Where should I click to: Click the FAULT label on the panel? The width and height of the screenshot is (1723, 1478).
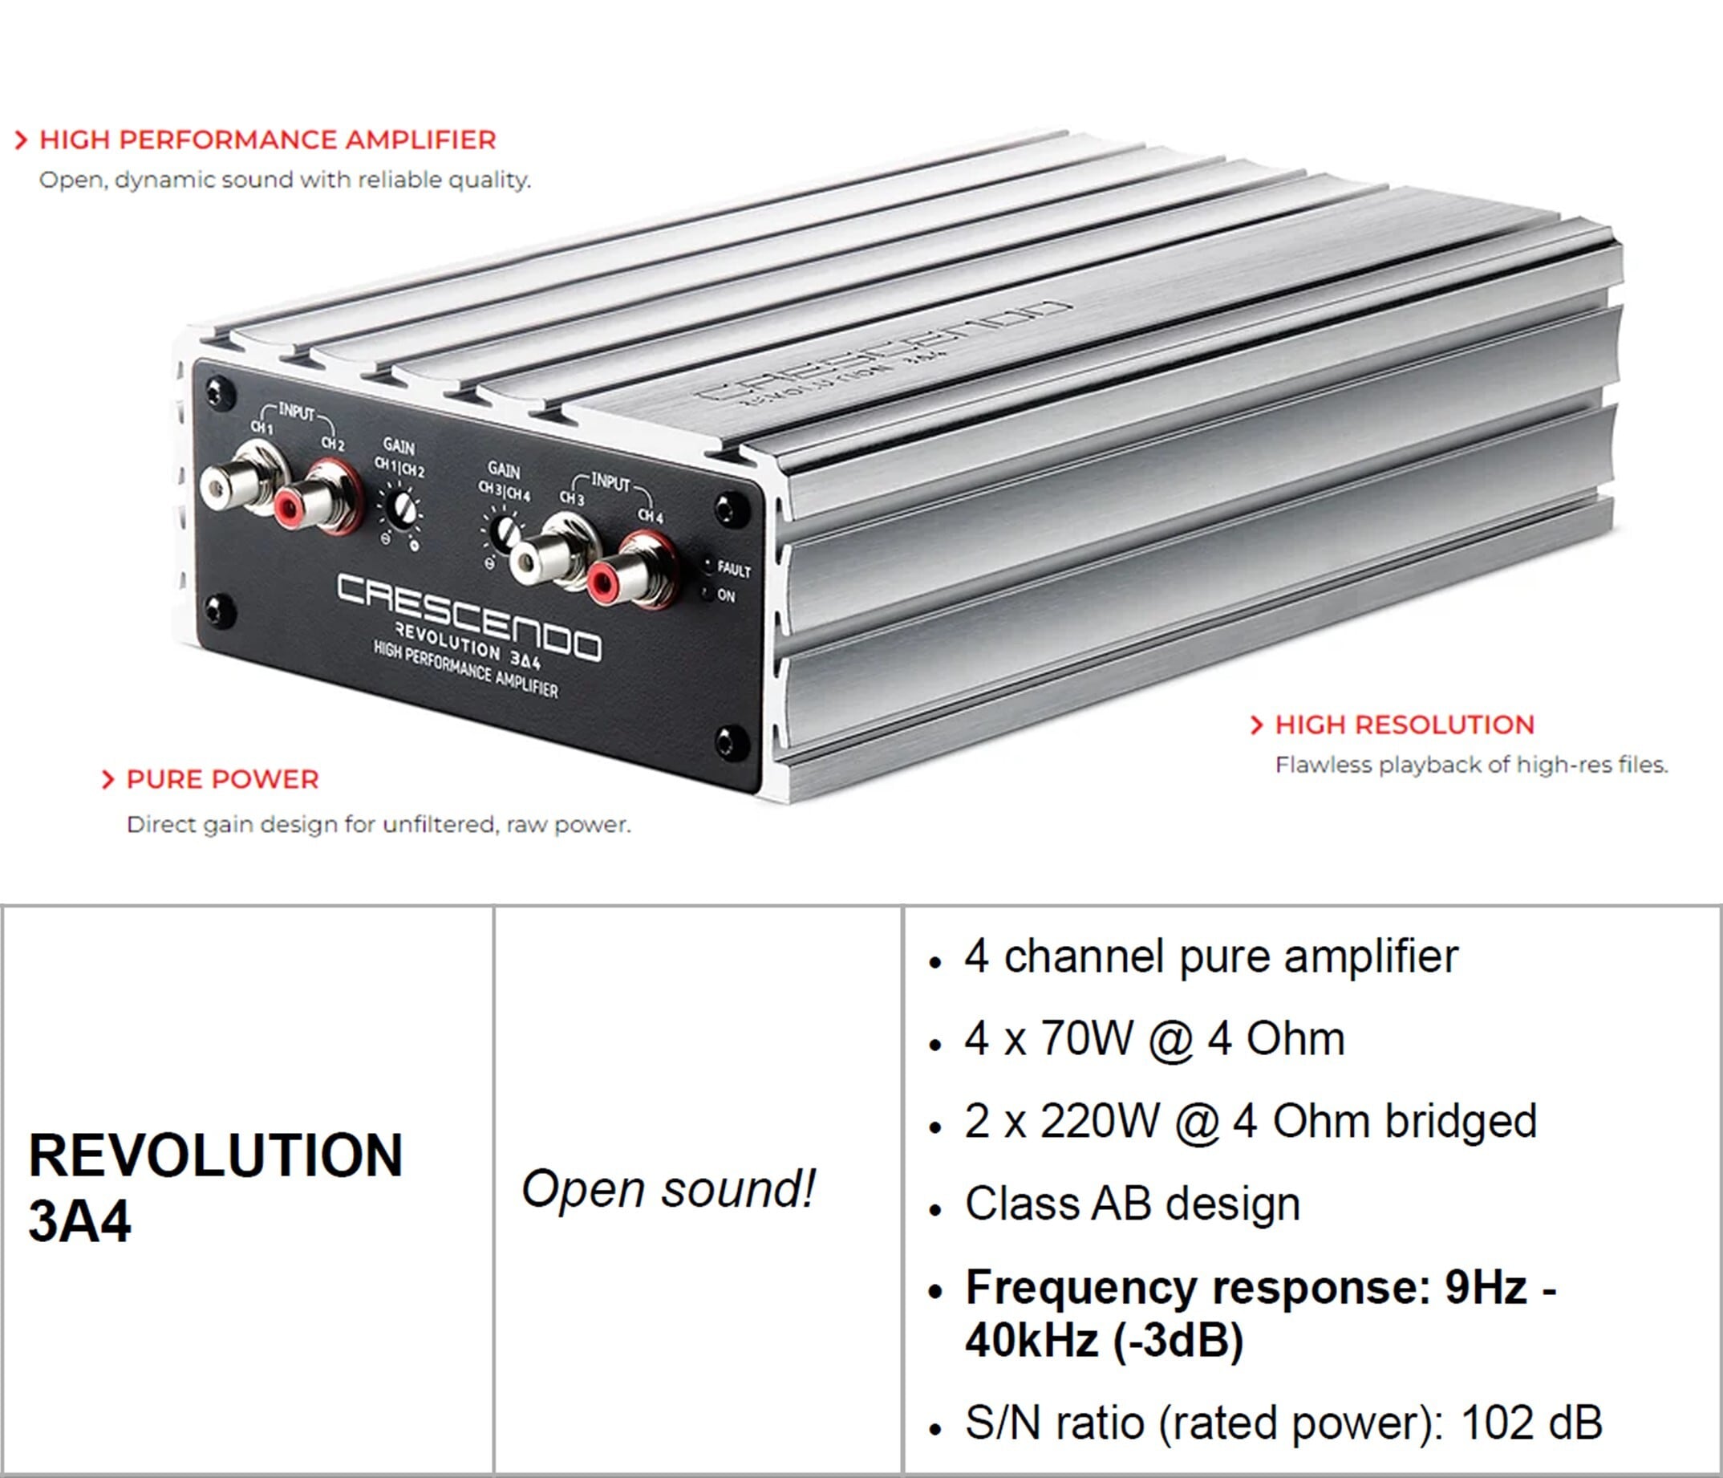733,570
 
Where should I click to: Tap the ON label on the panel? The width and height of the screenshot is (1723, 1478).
726,595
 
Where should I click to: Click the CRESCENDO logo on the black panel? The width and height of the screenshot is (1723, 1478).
468,615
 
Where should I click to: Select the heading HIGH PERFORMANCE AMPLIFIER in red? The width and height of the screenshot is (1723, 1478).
267,140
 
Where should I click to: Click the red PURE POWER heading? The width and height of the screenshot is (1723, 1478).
222,779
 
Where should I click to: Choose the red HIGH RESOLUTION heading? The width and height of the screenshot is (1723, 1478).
1405,725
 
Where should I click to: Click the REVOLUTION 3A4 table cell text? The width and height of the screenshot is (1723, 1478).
214,1188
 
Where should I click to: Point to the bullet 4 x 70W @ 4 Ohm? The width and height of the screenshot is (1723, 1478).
1154,1038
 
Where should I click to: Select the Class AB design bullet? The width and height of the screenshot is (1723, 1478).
1133,1204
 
